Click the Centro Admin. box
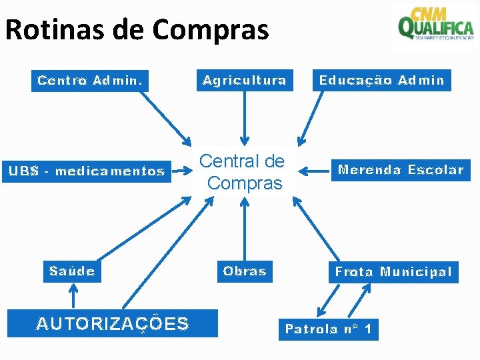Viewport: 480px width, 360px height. [x=90, y=81]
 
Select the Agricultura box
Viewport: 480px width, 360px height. [x=245, y=81]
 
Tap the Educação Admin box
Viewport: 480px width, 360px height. [x=381, y=81]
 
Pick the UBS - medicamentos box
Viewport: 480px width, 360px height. [x=87, y=171]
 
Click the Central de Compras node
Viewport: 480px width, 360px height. [x=242, y=171]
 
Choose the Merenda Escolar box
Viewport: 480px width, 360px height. [x=401, y=170]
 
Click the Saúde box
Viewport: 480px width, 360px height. [x=72, y=271]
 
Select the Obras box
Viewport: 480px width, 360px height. [x=245, y=271]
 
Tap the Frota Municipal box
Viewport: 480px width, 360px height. [x=393, y=272]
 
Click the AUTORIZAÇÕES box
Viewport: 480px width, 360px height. [x=113, y=324]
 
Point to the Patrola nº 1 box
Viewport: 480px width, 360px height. [x=328, y=329]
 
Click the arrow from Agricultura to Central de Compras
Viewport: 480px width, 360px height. [x=245, y=117]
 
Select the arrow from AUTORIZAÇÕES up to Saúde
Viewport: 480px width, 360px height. [x=73, y=296]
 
